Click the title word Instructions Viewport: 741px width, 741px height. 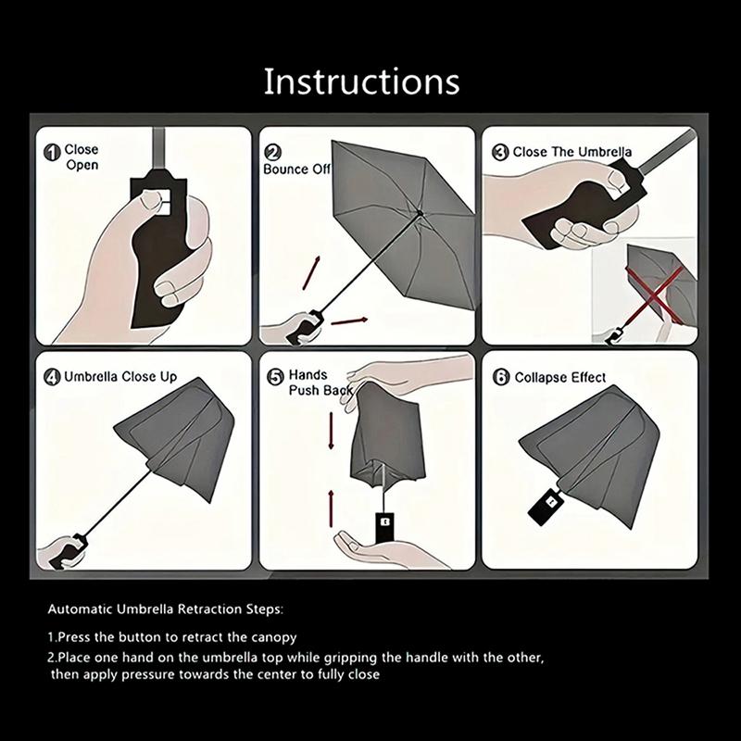pyautogui.click(x=361, y=82)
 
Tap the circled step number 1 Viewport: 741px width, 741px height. pyautogui.click(x=52, y=152)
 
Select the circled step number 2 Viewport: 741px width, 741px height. pyautogui.click(x=273, y=154)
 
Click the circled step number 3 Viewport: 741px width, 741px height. pyautogui.click(x=500, y=152)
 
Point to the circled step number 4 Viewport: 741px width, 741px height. pyautogui.click(x=52, y=378)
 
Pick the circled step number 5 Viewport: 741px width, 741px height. pyautogui.click(x=275, y=377)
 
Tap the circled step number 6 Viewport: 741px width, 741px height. pyautogui.click(x=500, y=378)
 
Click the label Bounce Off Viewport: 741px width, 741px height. pyautogui.click(x=296, y=170)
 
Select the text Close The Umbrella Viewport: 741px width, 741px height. pyautogui.click(x=572, y=152)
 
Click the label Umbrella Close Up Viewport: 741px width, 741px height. pyautogui.click(x=119, y=378)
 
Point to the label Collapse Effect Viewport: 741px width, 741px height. pyautogui.click(x=560, y=378)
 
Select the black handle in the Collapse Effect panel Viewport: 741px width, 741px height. pyautogui.click(x=546, y=504)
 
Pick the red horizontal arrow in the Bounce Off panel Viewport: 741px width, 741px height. pyautogui.click(x=349, y=321)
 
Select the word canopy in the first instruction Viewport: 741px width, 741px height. pyautogui.click(x=275, y=637)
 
